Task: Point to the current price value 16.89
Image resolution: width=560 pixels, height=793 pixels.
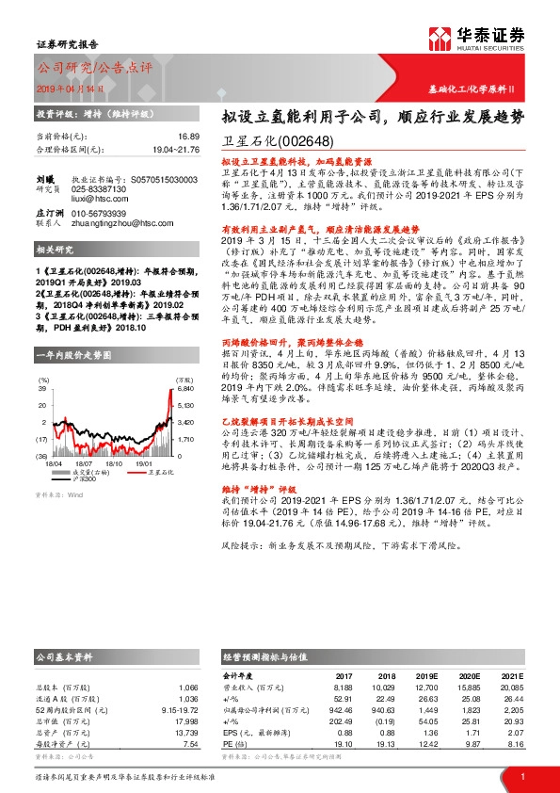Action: [187, 137]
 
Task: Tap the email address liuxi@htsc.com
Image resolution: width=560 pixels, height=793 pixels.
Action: [99, 198]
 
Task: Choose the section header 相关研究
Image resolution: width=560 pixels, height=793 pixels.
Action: [54, 251]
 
